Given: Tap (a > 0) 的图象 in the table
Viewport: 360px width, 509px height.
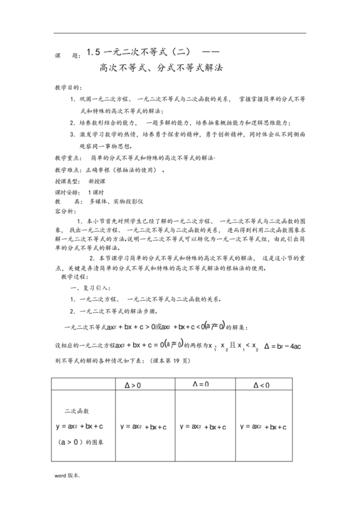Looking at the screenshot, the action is click(82, 441).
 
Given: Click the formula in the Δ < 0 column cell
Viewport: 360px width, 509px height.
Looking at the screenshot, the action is click(264, 426).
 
